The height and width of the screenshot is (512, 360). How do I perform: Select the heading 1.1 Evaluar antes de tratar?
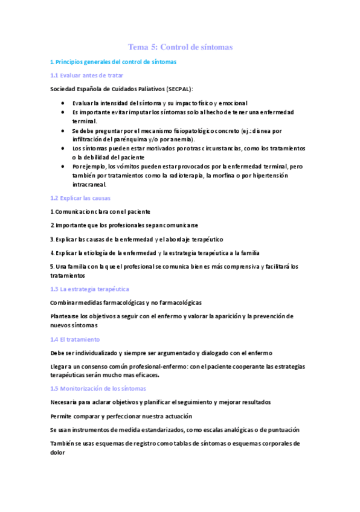click(x=86, y=75)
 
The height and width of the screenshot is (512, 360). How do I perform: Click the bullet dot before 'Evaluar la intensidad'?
click(x=63, y=103)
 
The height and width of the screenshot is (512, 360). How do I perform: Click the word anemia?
click(x=185, y=139)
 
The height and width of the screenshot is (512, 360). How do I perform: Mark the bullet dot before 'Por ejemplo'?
click(x=63, y=166)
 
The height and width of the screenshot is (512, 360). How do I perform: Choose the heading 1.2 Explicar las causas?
click(x=80, y=198)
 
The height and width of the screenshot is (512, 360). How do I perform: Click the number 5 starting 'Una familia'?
click(x=52, y=266)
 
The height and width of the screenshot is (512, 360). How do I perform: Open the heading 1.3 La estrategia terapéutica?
click(x=89, y=289)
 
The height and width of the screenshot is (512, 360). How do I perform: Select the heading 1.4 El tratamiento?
click(x=75, y=339)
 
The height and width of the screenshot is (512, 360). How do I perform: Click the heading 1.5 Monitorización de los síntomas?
click(x=98, y=388)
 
